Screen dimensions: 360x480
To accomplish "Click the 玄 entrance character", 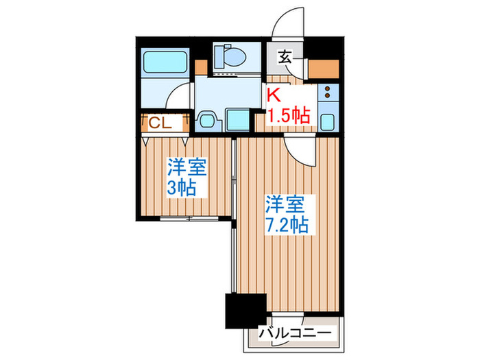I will [285, 58].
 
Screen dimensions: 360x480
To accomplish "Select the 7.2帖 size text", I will [288, 223].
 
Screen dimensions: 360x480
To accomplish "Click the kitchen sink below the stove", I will [327, 121].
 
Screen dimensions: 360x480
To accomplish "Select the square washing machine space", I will [237, 120].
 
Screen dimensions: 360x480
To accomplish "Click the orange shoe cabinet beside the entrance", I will [322, 69].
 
